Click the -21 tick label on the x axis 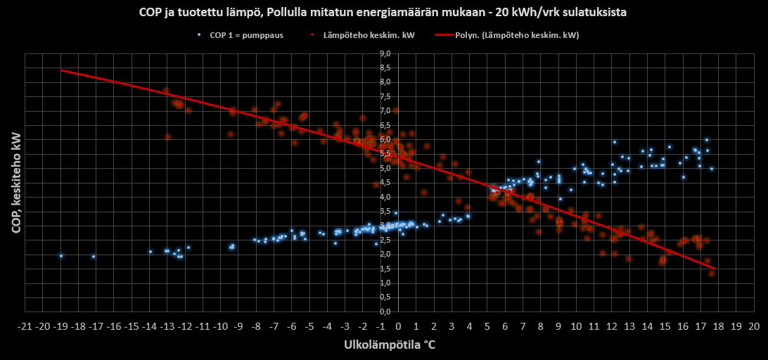click(25, 327)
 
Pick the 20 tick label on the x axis click(754, 327)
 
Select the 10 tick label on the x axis click(576, 327)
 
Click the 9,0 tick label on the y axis click(385, 53)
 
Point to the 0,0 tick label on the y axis click(385, 311)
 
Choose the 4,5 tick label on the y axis click(385, 183)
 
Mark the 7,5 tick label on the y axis click(385, 96)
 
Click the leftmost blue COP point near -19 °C click(61, 256)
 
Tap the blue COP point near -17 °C click(94, 257)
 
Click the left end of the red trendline click(62, 70)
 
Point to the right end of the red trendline click(715, 269)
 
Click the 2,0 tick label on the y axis click(385, 255)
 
